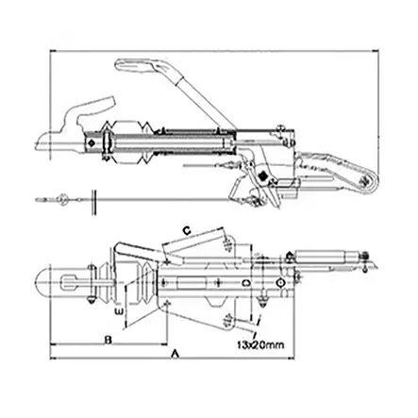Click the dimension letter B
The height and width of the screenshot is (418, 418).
(x=109, y=337)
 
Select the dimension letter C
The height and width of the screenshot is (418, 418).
(x=187, y=228)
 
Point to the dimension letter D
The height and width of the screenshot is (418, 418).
(x=246, y=282)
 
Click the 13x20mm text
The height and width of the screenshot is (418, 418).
(x=260, y=344)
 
